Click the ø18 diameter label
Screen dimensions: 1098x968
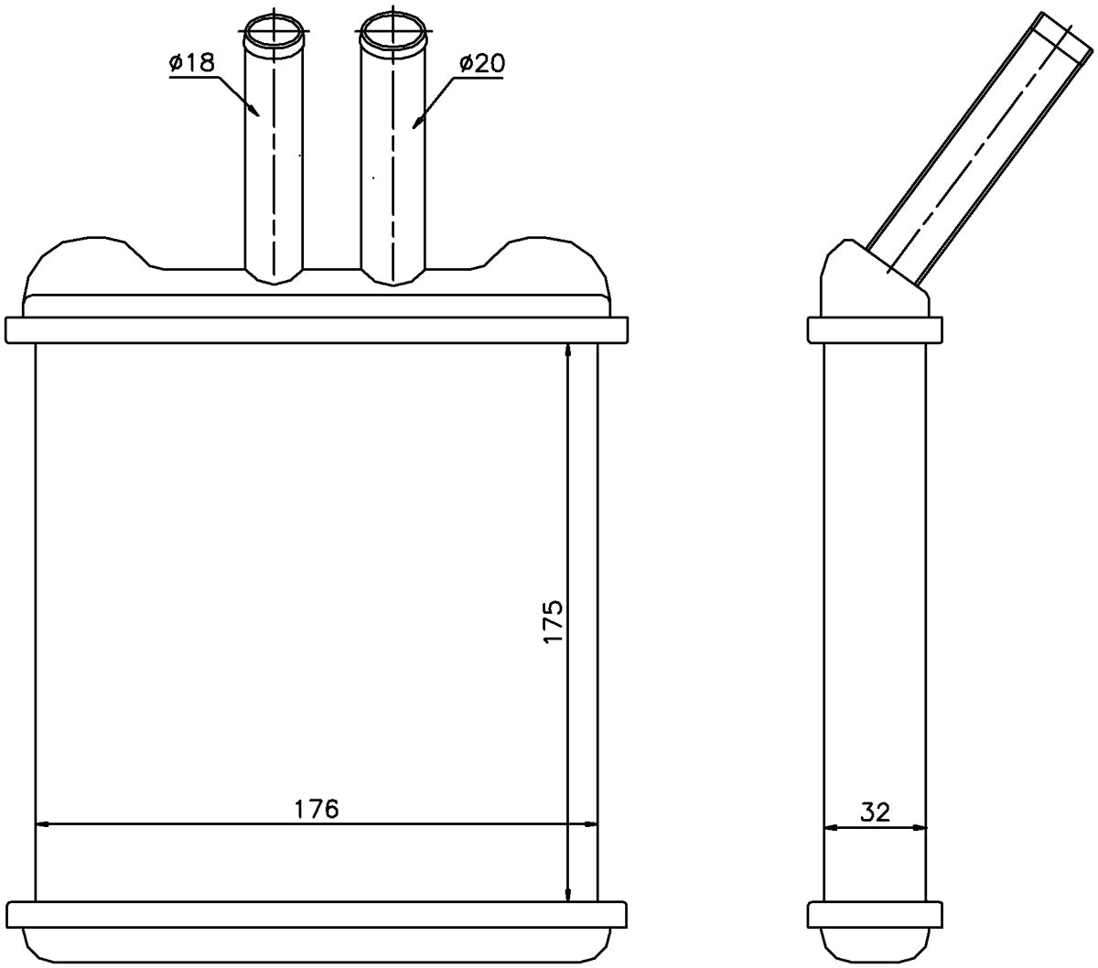point(192,62)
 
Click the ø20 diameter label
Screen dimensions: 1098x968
point(482,64)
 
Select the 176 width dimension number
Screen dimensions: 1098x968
point(316,809)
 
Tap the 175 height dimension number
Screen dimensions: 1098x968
point(554,620)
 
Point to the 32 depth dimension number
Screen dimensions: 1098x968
point(875,812)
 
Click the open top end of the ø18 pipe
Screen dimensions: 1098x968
point(274,33)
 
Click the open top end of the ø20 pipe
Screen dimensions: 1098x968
point(393,33)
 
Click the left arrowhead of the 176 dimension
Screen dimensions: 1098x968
point(42,824)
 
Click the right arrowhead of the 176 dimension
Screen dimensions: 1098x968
point(589,824)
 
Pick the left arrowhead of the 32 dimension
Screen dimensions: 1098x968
point(831,828)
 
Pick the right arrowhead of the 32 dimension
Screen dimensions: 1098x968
point(920,828)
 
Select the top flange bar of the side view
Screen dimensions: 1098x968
point(875,330)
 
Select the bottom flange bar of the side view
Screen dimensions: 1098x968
point(875,914)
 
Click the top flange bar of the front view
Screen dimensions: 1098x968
point(317,330)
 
